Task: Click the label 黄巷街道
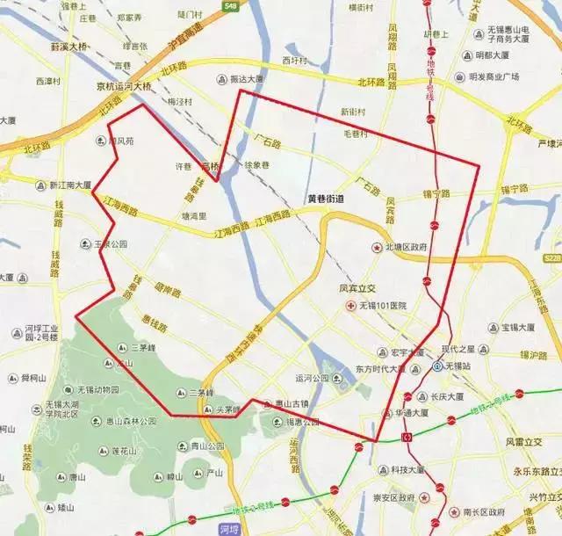tap(325, 199)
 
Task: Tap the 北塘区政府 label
tap(404, 248)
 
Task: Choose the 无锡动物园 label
tap(97, 389)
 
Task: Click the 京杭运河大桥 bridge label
tap(124, 86)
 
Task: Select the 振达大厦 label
tap(246, 78)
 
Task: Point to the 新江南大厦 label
tap(70, 185)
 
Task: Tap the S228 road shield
tap(551, 257)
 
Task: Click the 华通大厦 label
tap(411, 411)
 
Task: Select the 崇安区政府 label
tap(393, 497)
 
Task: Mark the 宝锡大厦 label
tap(517, 328)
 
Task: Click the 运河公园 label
tap(312, 379)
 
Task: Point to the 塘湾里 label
tap(193, 215)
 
